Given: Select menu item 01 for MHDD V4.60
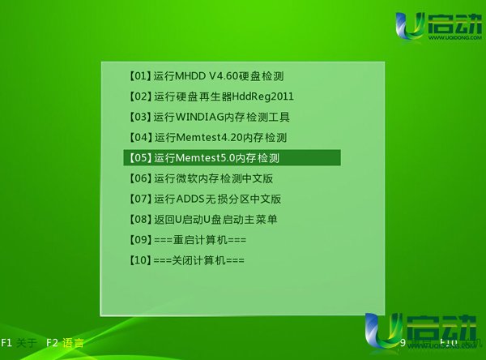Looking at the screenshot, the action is (207, 76).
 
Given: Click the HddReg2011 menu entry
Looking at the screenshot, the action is (211, 96).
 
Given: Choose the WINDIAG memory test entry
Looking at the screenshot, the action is (210, 117).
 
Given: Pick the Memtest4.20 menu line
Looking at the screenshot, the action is (208, 138).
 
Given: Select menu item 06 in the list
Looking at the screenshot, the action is (201, 178).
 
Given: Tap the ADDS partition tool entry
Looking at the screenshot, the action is (205, 199).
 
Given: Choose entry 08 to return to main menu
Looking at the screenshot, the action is (203, 220).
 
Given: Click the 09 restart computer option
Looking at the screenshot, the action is (188, 240).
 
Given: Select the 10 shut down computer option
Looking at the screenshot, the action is (186, 260).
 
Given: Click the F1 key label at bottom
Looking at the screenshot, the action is (6, 343).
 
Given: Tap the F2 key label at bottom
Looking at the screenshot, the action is (52, 343).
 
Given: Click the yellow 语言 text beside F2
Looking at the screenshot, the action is (73, 343).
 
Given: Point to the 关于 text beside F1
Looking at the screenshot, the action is (27, 343).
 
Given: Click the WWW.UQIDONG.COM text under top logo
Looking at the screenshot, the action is (455, 38).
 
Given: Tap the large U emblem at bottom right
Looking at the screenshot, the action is (383, 332).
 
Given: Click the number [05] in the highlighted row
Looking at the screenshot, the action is (140, 158).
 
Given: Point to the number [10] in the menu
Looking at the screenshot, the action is (140, 260).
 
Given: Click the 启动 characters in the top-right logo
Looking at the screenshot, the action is (455, 24).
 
